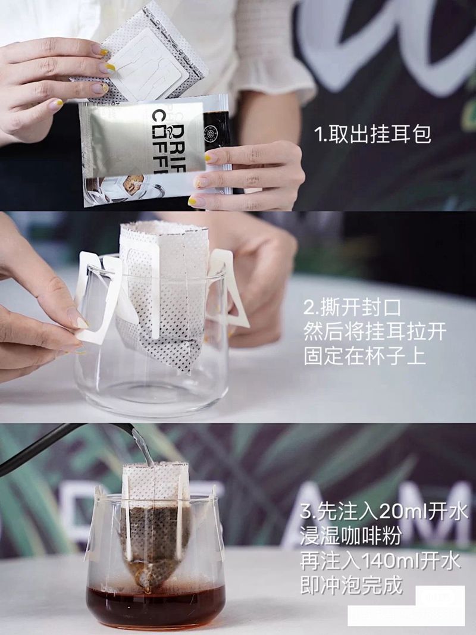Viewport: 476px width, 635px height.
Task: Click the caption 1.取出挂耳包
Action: point(372,134)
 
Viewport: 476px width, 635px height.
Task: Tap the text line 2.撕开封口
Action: point(345,309)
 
